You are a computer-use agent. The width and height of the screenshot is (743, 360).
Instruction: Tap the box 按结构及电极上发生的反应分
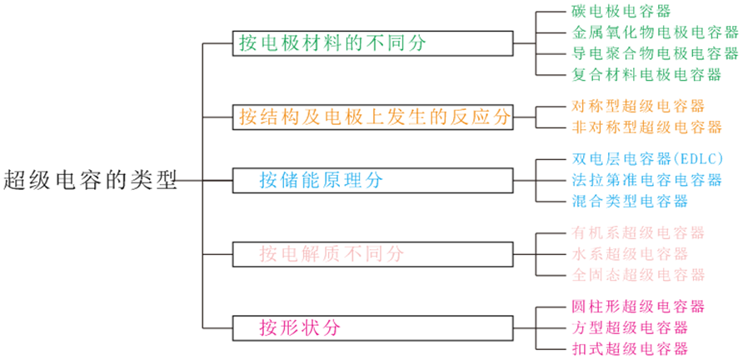tap(372, 117)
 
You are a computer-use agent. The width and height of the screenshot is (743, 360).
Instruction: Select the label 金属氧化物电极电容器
tap(655, 33)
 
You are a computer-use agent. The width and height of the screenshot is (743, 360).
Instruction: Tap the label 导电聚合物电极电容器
tap(655, 54)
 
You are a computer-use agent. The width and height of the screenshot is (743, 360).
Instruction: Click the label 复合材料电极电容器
tap(646, 75)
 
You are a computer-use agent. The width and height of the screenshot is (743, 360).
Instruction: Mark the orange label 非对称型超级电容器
tap(646, 127)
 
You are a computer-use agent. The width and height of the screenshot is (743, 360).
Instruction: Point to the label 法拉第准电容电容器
tap(646, 180)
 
